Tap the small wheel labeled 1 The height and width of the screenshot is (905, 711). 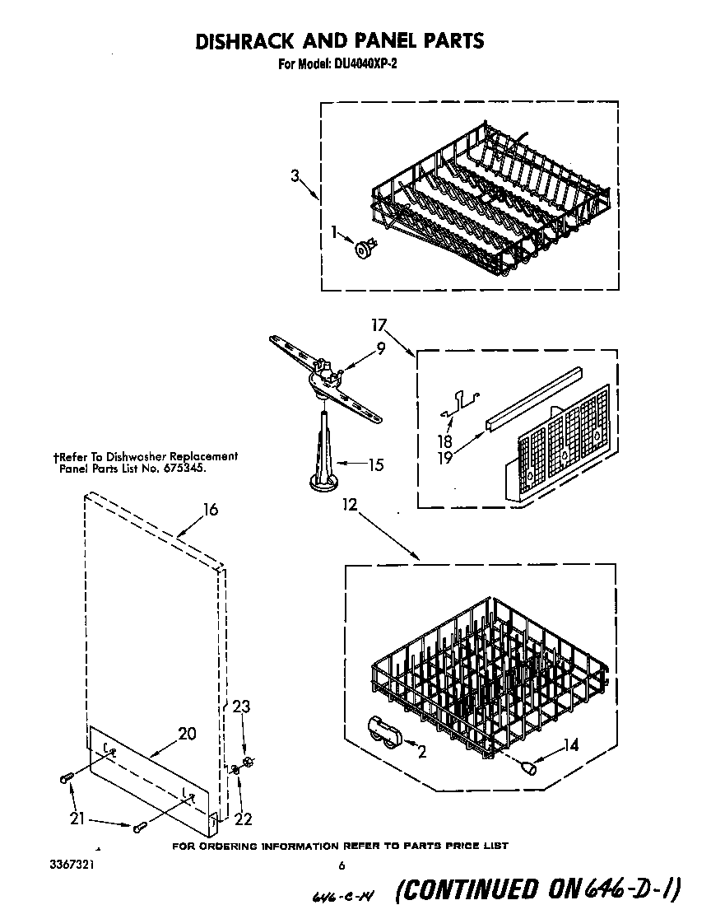362,246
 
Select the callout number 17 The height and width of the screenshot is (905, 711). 378,324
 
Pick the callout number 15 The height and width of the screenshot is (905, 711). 374,465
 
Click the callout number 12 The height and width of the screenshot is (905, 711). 351,505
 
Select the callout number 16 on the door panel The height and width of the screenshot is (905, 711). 211,510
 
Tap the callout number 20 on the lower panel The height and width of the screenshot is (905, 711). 187,734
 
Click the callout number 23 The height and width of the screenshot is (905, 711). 241,707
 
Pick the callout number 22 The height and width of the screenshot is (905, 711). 243,819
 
